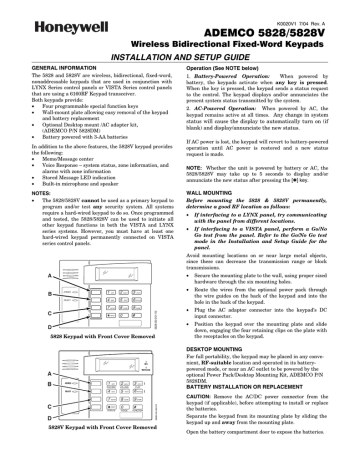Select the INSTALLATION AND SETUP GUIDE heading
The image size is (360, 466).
coord(180,58)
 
